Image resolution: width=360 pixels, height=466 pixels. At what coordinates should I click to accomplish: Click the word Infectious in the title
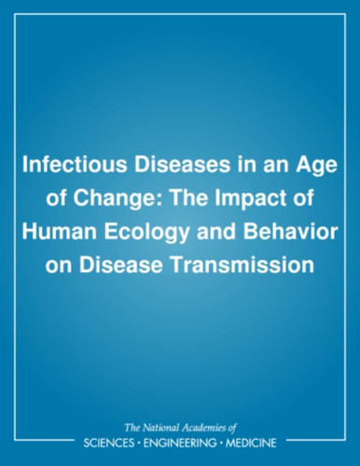(x=75, y=165)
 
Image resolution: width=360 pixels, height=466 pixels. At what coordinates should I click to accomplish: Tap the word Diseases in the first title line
(x=182, y=165)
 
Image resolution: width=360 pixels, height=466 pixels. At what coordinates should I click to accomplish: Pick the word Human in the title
(x=59, y=232)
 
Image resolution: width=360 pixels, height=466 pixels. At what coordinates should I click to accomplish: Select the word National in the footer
(x=160, y=428)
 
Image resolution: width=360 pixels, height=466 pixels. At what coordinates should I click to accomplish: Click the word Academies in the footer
(x=204, y=428)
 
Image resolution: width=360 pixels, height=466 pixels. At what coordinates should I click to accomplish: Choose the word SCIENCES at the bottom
(x=109, y=443)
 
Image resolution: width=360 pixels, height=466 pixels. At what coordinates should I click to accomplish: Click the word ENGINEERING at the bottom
(x=179, y=443)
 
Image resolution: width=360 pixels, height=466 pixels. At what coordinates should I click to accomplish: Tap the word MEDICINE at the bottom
(x=251, y=443)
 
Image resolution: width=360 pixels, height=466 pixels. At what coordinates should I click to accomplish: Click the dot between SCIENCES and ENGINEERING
(x=139, y=443)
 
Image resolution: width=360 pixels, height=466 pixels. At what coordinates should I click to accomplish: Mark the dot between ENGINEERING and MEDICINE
(x=221, y=443)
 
